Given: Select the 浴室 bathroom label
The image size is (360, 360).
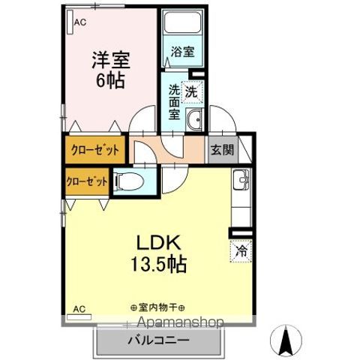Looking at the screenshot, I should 182,52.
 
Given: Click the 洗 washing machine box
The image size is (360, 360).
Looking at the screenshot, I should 193,92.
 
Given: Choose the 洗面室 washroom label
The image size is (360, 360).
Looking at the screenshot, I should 175,103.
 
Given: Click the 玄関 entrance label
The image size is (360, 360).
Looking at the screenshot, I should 221,149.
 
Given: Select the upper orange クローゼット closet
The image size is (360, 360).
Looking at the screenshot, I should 95,149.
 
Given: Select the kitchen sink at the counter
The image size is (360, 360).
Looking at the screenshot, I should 240,181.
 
